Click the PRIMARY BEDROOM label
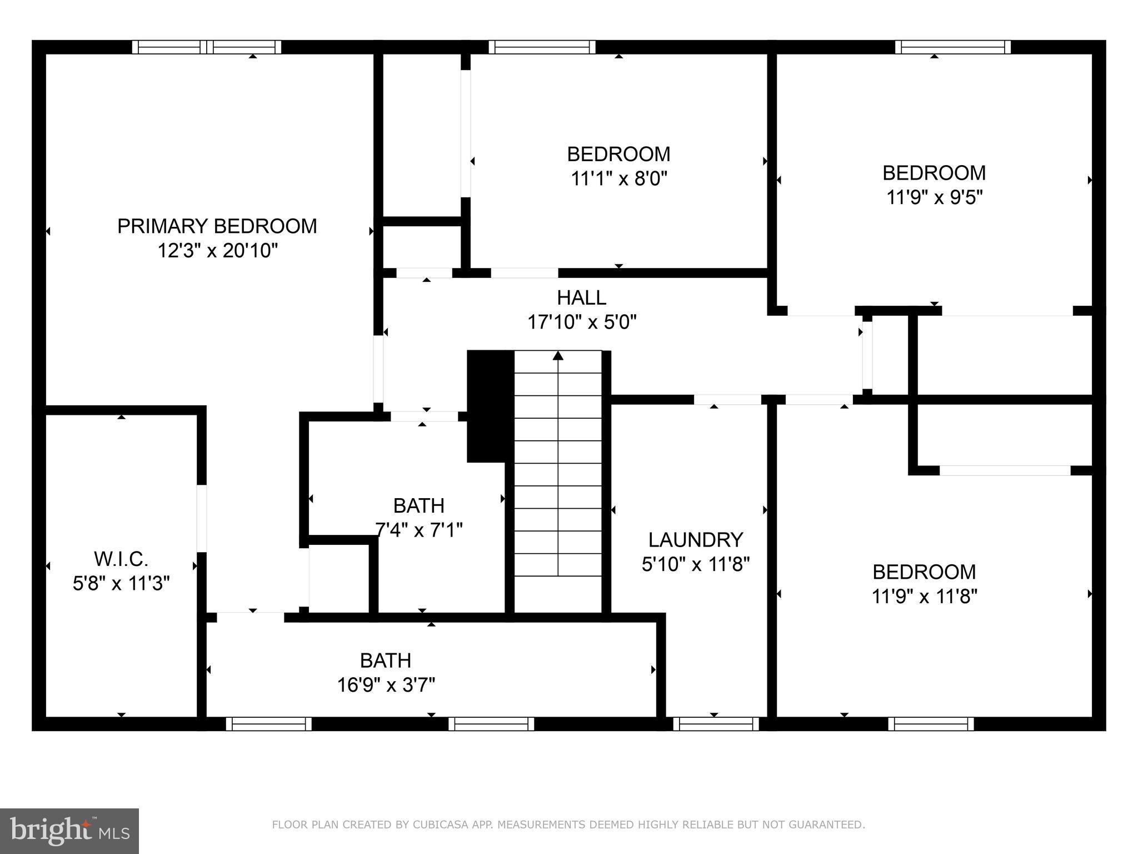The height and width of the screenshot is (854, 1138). click(x=217, y=226)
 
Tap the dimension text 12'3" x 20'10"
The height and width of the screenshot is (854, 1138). click(x=217, y=251)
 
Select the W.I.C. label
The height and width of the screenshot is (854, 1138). click(x=121, y=558)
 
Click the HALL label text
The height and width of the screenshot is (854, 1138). click(x=581, y=298)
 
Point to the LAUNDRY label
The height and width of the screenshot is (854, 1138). click(x=695, y=540)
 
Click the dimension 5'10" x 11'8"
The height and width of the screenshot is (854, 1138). click(x=695, y=565)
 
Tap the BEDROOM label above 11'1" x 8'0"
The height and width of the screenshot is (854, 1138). click(x=618, y=154)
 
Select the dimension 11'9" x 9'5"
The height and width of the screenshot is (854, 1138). click(x=934, y=197)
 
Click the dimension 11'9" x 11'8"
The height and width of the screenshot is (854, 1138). click(x=924, y=597)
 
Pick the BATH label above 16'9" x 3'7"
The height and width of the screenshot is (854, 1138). click(x=386, y=661)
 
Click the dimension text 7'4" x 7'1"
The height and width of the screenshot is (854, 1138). click(x=419, y=530)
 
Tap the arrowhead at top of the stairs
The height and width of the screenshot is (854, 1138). click(x=558, y=355)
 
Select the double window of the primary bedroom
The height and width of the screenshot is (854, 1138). click(x=207, y=47)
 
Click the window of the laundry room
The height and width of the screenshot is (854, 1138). click(x=716, y=724)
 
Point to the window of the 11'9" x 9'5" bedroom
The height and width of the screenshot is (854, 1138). click(x=952, y=47)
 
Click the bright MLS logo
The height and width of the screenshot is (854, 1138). click(x=69, y=831)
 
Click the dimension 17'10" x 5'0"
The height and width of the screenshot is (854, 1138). click(x=581, y=322)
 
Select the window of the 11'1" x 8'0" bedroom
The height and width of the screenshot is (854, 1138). click(x=542, y=47)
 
